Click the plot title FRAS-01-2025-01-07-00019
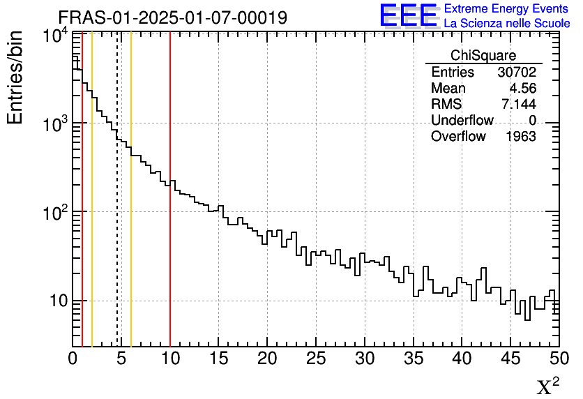tap(172, 17)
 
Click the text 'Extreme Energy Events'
tap(507, 9)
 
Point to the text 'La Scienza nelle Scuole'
tap(507, 24)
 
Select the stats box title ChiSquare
tap(483, 56)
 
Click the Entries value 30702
tap(517, 73)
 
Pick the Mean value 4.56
tap(522, 89)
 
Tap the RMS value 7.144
tap(519, 105)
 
